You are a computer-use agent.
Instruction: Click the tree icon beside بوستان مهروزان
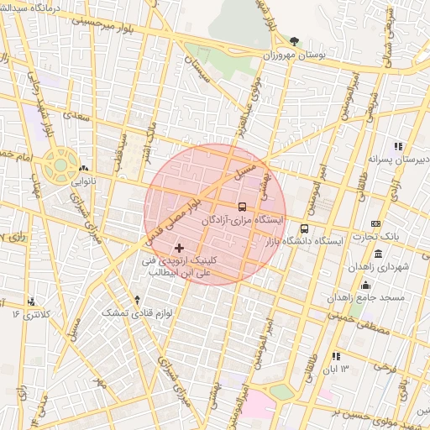(x=294, y=40)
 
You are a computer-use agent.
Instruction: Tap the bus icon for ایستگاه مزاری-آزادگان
(x=243, y=206)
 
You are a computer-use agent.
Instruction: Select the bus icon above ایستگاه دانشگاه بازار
(x=304, y=228)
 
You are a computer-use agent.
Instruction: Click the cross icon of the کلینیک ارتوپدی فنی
(x=179, y=248)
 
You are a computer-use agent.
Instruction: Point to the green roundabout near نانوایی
(x=60, y=165)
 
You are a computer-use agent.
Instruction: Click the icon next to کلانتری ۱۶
(x=32, y=302)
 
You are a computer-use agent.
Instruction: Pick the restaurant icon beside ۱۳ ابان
(x=336, y=356)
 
